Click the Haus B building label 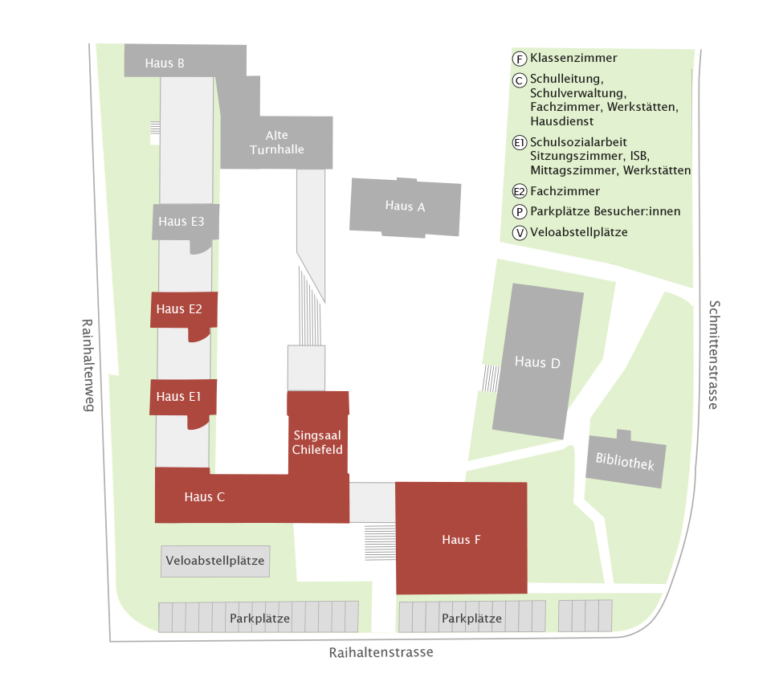point(165,63)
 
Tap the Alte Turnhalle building point(276,142)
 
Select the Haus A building point(405,206)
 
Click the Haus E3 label point(181,222)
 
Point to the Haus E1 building point(178,396)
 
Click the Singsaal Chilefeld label point(318,442)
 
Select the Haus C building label point(204,496)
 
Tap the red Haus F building point(461,539)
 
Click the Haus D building point(537,362)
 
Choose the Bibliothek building point(626,463)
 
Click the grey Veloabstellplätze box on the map point(215,561)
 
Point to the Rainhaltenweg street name point(88,365)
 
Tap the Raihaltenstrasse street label point(381,652)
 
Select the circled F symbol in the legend point(520,59)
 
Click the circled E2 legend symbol point(520,191)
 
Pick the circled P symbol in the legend point(520,212)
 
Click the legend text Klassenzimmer point(573,58)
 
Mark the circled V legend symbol point(520,233)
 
